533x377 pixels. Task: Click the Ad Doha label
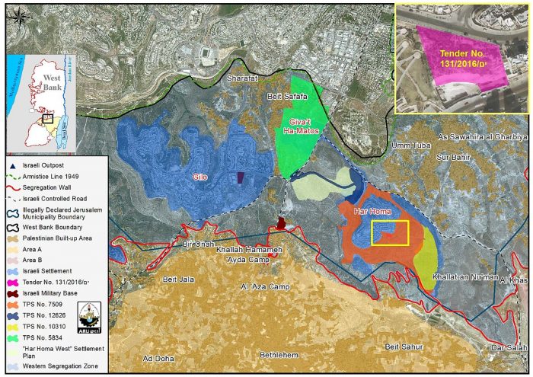160,357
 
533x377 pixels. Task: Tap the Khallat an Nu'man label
465,276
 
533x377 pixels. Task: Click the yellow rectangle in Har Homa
389,232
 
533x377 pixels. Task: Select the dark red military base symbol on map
282,224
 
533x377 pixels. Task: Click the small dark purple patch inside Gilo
241,178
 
